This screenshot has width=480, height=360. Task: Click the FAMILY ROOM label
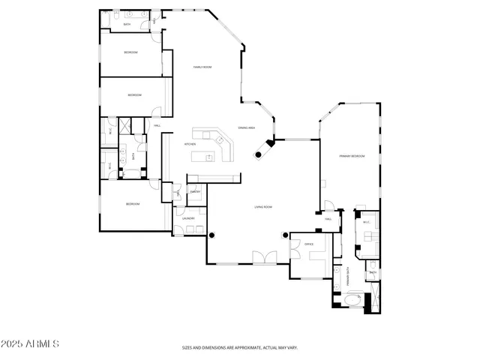click(x=202, y=67)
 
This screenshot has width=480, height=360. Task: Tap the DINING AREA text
click(x=247, y=128)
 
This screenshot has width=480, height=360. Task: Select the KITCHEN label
click(x=190, y=143)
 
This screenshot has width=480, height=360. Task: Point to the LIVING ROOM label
click(x=262, y=207)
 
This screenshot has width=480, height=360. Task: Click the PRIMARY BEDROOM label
click(x=352, y=156)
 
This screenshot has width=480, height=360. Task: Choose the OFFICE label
click(x=307, y=244)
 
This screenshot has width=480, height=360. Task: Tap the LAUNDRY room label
click(x=187, y=218)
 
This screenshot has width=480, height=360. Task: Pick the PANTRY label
click(x=194, y=193)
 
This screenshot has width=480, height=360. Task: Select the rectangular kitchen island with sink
click(x=204, y=157)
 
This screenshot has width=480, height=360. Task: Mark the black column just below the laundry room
click(x=211, y=235)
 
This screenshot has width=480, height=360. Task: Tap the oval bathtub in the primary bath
click(x=352, y=302)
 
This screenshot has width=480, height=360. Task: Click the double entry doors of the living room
click(x=263, y=258)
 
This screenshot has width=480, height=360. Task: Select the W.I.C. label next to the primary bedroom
click(x=367, y=222)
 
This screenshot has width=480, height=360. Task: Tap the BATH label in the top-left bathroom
click(x=127, y=24)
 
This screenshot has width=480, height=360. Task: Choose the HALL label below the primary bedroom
click(x=328, y=219)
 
